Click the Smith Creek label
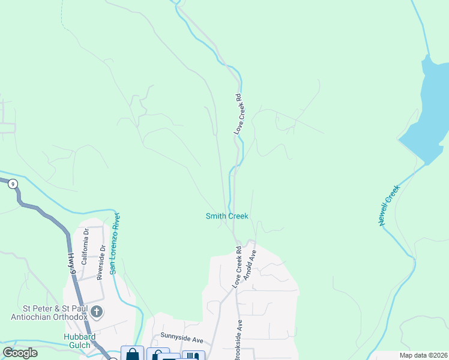(227, 216)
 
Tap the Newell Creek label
(389, 205)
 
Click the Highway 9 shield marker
(12, 184)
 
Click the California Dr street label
(85, 247)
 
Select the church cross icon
(97, 312)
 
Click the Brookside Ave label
(238, 339)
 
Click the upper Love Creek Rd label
(238, 113)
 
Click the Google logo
(20, 353)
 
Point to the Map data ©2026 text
(423, 355)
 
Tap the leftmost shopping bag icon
(132, 354)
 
